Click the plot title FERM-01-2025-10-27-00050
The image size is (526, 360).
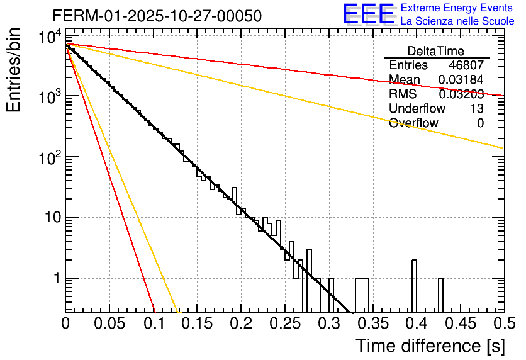tap(157, 16)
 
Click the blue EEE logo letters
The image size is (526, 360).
tap(369, 14)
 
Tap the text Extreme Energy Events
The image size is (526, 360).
tap(457, 8)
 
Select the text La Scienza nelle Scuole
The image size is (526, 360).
tap(457, 21)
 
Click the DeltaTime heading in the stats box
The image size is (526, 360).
tap(435, 51)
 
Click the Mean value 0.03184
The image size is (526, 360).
tap(461, 80)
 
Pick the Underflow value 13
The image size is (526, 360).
tap(477, 108)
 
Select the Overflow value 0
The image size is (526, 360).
tap(480, 123)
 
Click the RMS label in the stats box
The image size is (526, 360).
tap(403, 94)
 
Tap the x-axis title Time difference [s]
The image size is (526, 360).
tap(430, 346)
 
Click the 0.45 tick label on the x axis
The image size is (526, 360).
tap(460, 324)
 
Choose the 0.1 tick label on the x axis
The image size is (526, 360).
tap(153, 324)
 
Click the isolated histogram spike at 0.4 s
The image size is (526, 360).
tap(414, 283)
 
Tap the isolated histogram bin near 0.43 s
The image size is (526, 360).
tap(440, 293)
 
